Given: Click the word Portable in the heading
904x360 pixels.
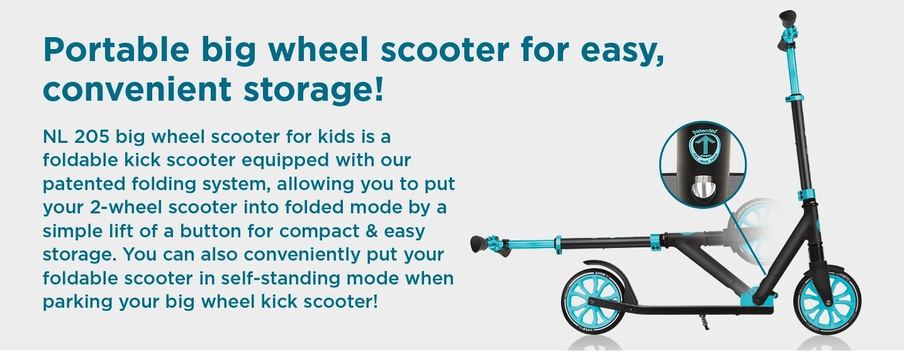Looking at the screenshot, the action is tap(116, 50).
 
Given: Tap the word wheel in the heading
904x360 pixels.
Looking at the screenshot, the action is tap(318, 50).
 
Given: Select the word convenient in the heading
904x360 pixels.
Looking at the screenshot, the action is tap(137, 89).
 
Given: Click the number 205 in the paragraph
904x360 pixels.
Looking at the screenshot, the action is tap(92, 137).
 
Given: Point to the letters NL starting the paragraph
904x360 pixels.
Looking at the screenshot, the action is tap(55, 137).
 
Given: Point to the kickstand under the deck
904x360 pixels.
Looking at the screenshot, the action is tap(705, 322).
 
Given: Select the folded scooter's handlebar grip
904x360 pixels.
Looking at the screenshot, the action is tap(478, 244).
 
